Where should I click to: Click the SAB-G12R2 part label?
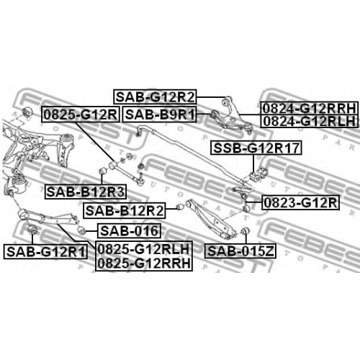click(x=155, y=96)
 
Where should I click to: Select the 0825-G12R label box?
click(x=81, y=114)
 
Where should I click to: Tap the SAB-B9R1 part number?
click(x=160, y=114)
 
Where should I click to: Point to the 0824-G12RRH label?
click(x=310, y=108)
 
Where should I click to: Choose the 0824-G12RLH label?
click(x=310, y=121)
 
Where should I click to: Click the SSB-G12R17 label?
click(x=256, y=148)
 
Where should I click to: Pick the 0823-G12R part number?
click(x=300, y=202)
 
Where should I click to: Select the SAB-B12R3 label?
click(x=86, y=192)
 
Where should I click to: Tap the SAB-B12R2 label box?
click(x=125, y=211)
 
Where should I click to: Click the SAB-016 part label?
click(x=129, y=230)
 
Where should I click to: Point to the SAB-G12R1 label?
click(x=45, y=252)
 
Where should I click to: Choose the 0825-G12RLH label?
click(x=144, y=249)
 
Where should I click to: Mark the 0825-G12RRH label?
click(x=144, y=264)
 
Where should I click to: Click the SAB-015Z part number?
click(x=240, y=251)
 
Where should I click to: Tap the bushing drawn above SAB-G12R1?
click(x=32, y=229)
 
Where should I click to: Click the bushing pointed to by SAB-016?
click(x=82, y=230)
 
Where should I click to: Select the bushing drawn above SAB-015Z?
click(x=246, y=230)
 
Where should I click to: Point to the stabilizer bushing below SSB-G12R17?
click(x=253, y=176)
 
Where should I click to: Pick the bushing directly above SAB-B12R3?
click(x=103, y=171)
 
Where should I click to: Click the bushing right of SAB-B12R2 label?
click(x=180, y=207)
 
